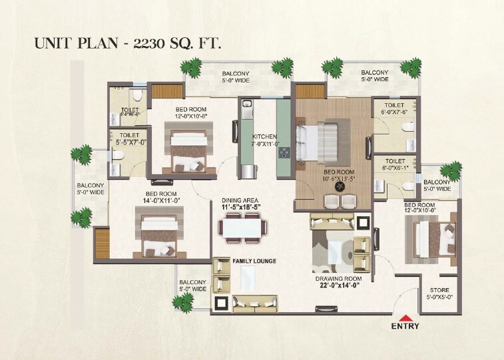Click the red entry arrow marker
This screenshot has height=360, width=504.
(405, 317)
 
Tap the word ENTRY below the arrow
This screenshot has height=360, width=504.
(405, 327)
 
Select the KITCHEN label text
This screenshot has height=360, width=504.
(264, 136)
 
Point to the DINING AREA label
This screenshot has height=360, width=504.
(240, 200)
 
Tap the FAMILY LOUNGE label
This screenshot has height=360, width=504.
(254, 261)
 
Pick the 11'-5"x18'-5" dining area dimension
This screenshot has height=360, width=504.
(240, 208)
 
